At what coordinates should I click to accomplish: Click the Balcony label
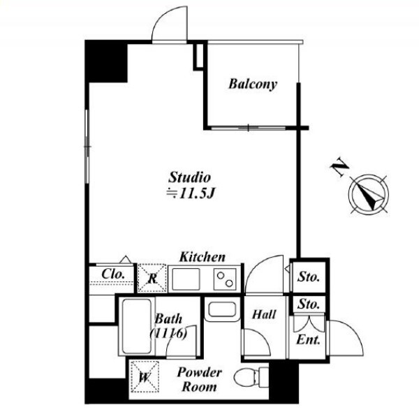(x=253, y=84)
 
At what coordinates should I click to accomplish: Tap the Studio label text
(x=189, y=177)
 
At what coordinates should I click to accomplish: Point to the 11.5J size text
(x=191, y=193)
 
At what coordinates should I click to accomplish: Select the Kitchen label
(x=203, y=257)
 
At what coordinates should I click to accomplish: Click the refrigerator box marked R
(x=152, y=278)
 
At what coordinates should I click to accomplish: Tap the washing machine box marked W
(x=145, y=377)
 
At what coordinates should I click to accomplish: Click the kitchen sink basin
(x=186, y=279)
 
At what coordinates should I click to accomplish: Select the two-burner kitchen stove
(x=225, y=279)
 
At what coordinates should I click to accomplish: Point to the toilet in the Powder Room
(x=251, y=377)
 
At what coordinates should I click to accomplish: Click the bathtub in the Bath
(x=137, y=326)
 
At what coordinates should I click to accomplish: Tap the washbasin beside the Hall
(x=222, y=309)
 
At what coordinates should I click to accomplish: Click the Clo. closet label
(x=113, y=274)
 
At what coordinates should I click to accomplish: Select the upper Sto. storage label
(x=309, y=277)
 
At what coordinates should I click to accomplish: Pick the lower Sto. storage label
(x=309, y=304)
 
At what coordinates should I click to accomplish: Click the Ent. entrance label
(x=308, y=340)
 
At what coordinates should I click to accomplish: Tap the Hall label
(x=264, y=314)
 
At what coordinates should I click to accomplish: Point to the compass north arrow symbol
(x=369, y=194)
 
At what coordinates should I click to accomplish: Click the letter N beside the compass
(x=339, y=167)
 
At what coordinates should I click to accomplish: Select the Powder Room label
(x=199, y=379)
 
